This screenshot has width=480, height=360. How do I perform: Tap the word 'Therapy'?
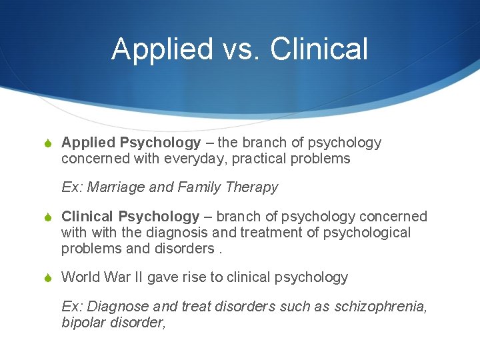click(252, 187)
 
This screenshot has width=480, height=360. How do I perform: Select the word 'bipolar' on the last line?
click(83, 322)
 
